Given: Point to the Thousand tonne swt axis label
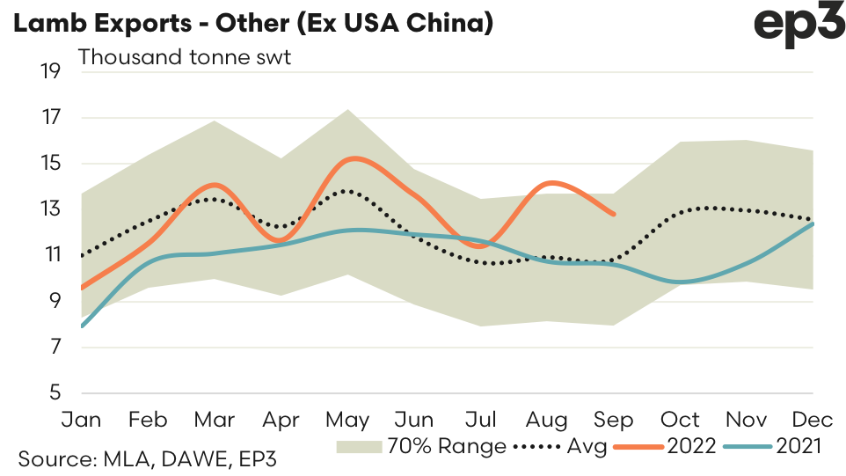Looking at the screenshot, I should tap(185, 58).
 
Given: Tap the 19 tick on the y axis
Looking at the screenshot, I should tap(50, 71).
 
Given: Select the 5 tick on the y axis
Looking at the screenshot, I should tap(55, 393).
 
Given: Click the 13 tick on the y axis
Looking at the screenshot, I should tap(50, 209).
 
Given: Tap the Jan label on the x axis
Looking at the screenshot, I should tap(81, 419).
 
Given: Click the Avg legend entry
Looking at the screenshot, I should tap(558, 446).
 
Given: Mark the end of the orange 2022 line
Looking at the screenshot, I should tap(613, 214).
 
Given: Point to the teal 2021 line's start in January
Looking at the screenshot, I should tap(82, 326).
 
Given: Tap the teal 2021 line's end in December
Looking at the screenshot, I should tap(813, 223).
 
